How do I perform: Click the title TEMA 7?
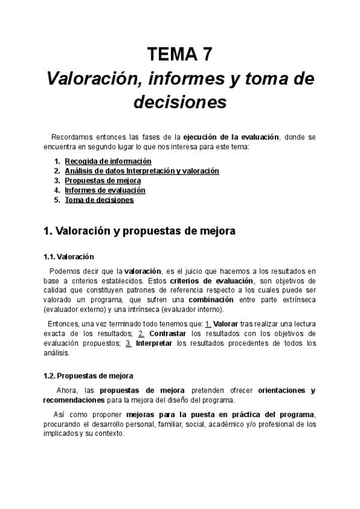[x=179, y=55]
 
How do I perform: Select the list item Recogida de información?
[x=108, y=161]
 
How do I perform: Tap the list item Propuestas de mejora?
[x=103, y=181]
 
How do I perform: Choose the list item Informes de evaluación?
[x=105, y=190]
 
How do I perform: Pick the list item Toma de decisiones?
[x=99, y=200]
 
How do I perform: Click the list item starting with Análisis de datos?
[x=142, y=171]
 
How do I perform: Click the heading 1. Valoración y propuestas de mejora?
[x=139, y=230]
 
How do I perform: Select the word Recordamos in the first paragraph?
[x=69, y=137]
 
